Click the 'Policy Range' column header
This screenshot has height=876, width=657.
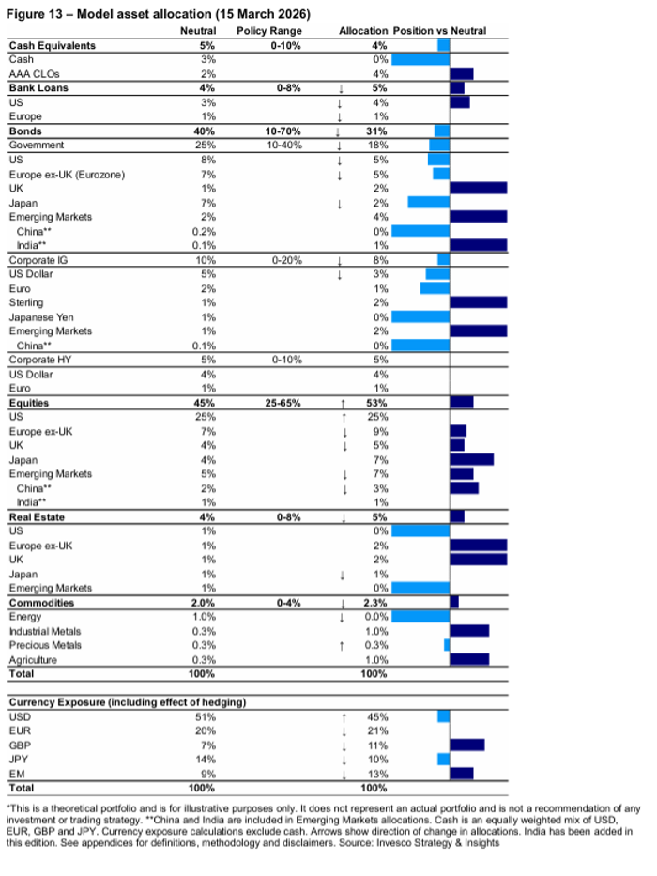[x=269, y=31]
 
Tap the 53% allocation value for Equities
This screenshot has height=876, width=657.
[x=378, y=403]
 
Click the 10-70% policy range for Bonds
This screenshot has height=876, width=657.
[x=269, y=131]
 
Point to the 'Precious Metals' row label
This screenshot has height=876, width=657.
[x=45, y=645]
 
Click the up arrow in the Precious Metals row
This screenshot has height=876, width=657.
[x=344, y=645]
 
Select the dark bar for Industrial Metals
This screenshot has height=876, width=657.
[x=469, y=631]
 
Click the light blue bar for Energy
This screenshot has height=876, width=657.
[x=420, y=617]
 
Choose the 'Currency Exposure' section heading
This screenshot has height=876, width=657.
[x=126, y=701]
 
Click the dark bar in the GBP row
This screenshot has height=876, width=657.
[x=467, y=745]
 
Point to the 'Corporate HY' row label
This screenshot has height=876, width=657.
[x=40, y=359]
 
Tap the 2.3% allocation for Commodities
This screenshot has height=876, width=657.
[x=378, y=603]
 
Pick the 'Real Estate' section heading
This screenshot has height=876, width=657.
[x=36, y=516]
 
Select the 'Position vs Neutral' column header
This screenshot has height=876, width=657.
[x=439, y=31]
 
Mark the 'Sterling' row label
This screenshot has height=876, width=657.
[x=26, y=302]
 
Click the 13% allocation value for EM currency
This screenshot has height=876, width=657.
[x=378, y=773]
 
